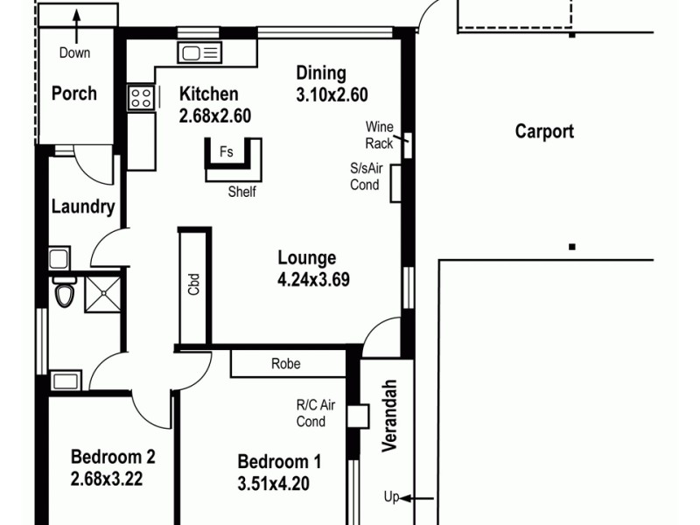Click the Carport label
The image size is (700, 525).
[x=544, y=132]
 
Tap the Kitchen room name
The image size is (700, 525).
[x=208, y=94]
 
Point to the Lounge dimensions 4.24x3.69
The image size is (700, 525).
[x=307, y=280]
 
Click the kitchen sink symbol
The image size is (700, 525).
[x=199, y=53]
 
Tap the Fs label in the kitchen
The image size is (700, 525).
[x=226, y=151]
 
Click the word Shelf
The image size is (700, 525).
[x=241, y=192]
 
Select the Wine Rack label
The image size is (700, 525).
[x=380, y=135]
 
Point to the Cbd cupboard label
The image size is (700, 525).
[x=193, y=285]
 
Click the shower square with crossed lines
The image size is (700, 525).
[x=102, y=292]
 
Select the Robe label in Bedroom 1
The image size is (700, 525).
[x=286, y=364]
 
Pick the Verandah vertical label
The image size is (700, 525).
[x=390, y=415]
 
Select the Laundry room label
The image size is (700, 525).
[x=83, y=207]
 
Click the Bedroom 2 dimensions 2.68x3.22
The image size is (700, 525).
[x=106, y=479]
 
